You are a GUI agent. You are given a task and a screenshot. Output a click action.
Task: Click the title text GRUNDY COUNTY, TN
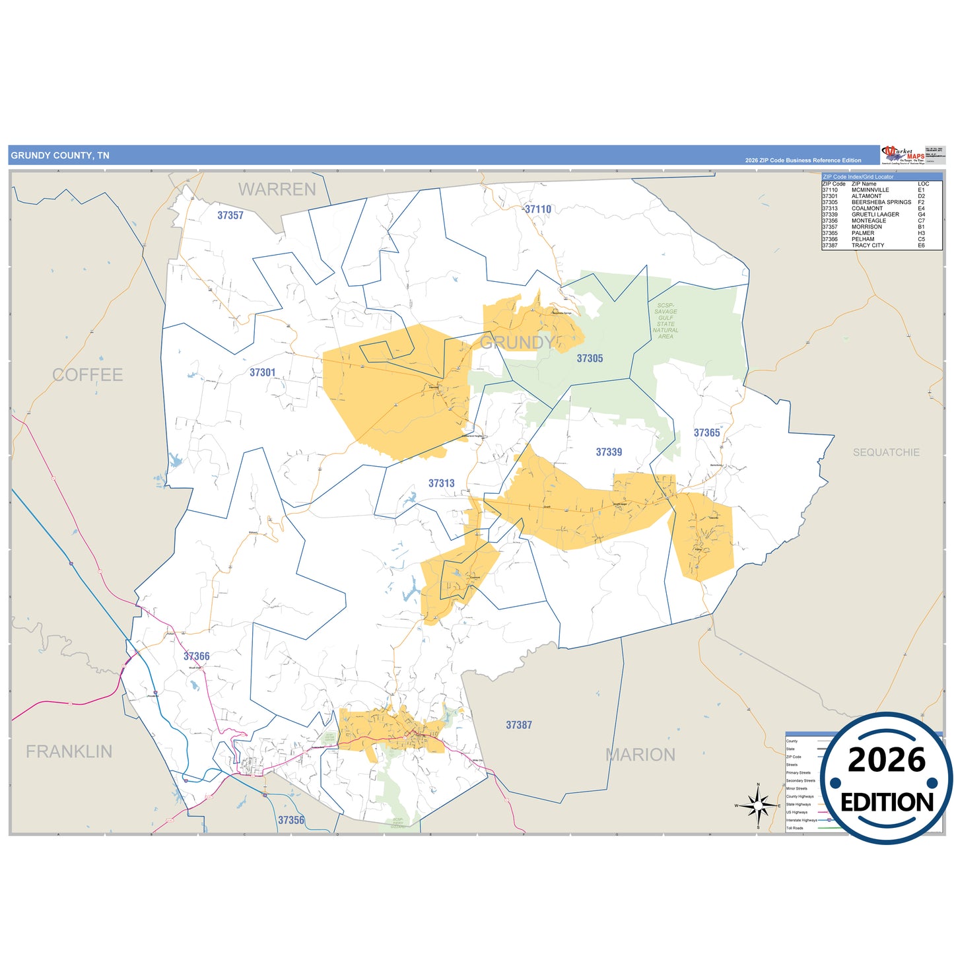[x=60, y=156]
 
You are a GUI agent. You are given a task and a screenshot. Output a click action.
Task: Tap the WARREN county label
[x=277, y=189]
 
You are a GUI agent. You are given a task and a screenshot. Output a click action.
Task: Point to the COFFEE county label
[x=88, y=375]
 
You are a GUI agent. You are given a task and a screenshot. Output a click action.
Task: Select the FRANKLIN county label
[x=69, y=751]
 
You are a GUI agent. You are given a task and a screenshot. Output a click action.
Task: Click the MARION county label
[x=640, y=755]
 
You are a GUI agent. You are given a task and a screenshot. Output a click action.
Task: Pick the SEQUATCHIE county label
[x=886, y=452]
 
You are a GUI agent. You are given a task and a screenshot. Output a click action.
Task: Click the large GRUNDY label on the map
[x=517, y=342]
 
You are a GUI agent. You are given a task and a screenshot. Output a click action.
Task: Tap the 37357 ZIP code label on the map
[x=230, y=215]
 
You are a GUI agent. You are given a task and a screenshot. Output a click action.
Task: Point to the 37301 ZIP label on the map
[x=262, y=372]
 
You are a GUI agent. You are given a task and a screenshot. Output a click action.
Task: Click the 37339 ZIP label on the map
[x=609, y=452]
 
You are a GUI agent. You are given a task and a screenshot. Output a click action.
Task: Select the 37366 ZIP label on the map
[x=197, y=656]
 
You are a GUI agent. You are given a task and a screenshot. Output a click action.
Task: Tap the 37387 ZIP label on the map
[x=519, y=725]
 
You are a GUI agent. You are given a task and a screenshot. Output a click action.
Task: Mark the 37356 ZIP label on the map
[x=291, y=820]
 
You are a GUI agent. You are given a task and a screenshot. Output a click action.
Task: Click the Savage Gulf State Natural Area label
[x=665, y=321]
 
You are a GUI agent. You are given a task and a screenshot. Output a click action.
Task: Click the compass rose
[x=758, y=805]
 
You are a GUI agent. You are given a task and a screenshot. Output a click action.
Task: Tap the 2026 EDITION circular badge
[x=887, y=779]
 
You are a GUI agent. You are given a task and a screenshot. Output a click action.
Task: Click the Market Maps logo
[x=903, y=155]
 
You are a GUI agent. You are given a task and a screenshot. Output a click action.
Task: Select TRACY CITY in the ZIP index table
[x=868, y=246]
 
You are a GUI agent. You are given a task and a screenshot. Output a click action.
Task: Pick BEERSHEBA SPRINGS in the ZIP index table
[x=881, y=202]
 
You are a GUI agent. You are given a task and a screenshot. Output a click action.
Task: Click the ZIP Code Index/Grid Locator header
[x=858, y=177]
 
